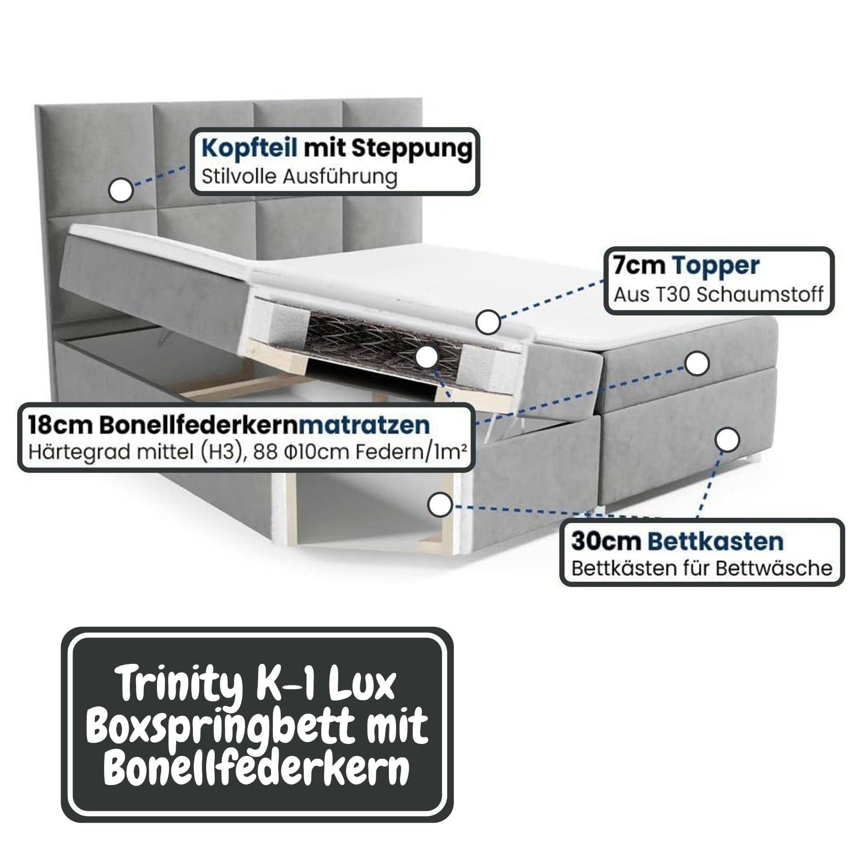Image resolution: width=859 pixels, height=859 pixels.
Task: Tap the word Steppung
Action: [x=411, y=150]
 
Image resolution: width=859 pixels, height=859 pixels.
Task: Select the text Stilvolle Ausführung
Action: [x=299, y=177]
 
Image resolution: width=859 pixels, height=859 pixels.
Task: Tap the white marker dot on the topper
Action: [x=488, y=322]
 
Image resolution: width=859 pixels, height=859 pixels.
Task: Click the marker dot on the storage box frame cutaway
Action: [x=440, y=505]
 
